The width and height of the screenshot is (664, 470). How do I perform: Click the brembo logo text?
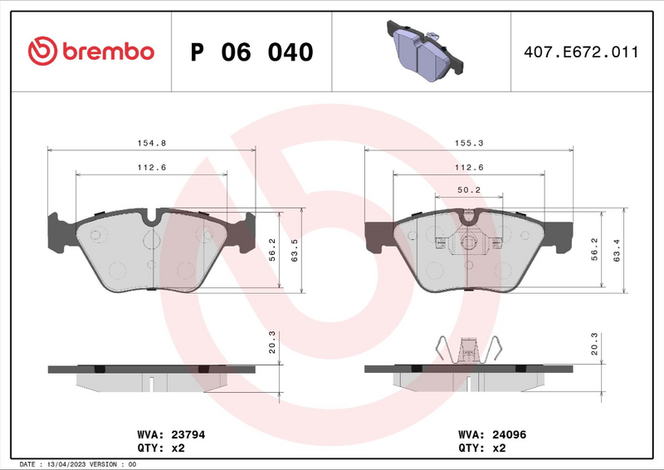[x=105, y=51]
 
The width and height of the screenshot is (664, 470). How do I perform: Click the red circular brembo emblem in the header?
[x=41, y=51]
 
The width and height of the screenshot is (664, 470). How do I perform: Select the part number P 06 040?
[x=251, y=52]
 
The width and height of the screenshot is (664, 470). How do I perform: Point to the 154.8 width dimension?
[x=152, y=143]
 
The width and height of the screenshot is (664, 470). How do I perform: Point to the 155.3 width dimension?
[x=469, y=143]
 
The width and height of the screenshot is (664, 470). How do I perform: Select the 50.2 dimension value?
[x=469, y=189]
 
